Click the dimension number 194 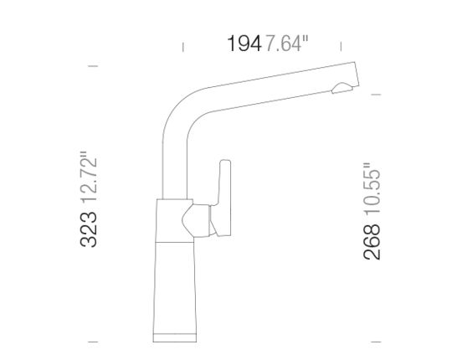click(244, 44)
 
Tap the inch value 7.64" click(286, 44)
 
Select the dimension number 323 click(89, 229)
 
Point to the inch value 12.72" click(89, 176)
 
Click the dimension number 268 click(372, 242)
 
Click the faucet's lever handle click(223, 198)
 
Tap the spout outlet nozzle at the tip click(342, 88)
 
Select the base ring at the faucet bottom click(175, 337)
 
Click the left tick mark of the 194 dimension click(183, 47)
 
